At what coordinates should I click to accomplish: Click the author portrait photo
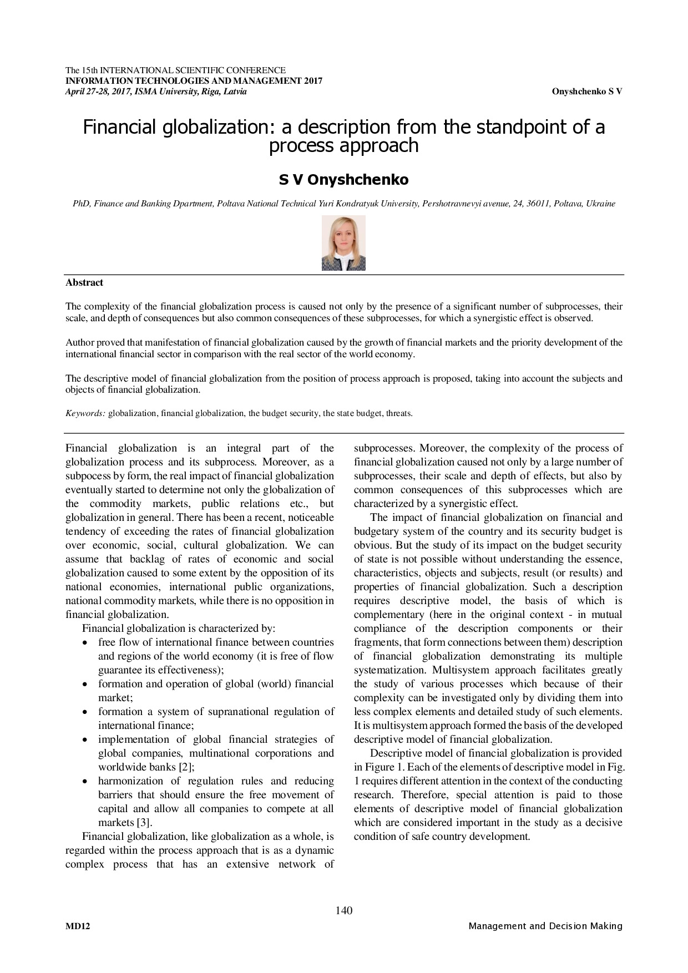pos(343,243)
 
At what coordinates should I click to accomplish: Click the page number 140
pos(344,910)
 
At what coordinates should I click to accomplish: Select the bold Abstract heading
pos(84,282)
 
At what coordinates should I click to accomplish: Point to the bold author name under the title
pos(343,180)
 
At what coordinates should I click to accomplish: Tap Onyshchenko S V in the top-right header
pos(586,92)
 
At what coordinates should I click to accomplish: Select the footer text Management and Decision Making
pos(545,926)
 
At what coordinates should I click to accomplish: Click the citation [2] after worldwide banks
pos(186,767)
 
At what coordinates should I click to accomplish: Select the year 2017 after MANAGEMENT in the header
pos(313,81)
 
